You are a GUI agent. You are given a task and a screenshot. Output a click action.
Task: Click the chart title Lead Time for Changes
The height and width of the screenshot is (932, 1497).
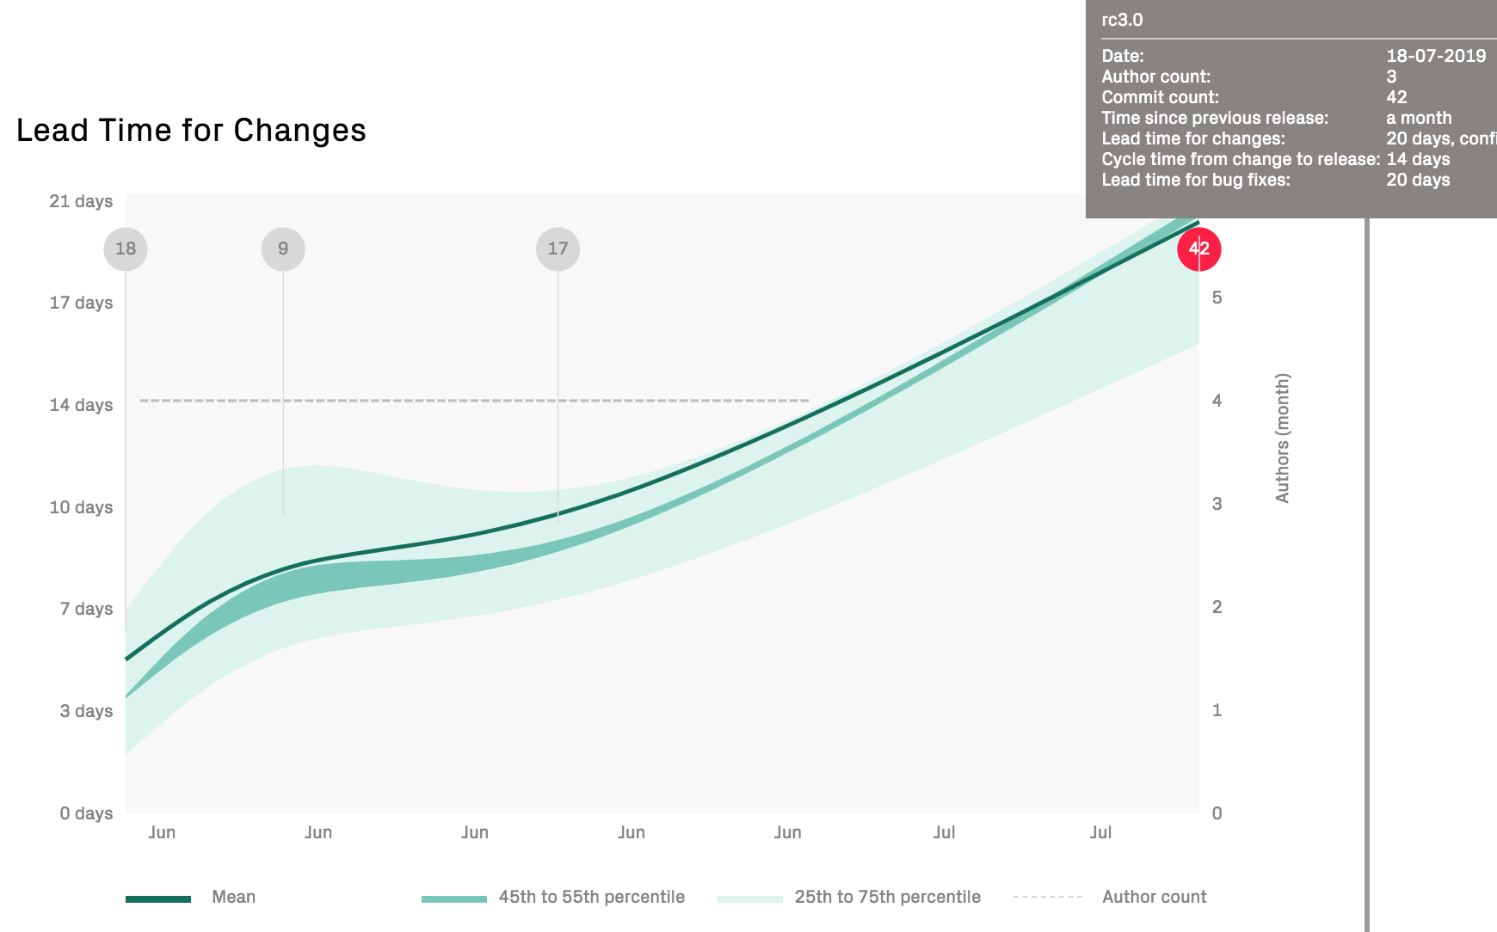tap(191, 131)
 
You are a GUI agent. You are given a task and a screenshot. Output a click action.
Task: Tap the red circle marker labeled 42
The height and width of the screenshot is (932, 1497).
tap(1198, 249)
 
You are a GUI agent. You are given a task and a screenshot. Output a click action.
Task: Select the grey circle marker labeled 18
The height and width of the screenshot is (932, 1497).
tap(126, 249)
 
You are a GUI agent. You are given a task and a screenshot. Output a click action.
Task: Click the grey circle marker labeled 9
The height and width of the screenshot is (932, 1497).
tap(283, 249)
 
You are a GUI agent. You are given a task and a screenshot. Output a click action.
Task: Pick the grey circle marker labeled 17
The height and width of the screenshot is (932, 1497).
tap(558, 249)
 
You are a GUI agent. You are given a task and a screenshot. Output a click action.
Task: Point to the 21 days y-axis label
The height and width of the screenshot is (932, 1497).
tap(81, 201)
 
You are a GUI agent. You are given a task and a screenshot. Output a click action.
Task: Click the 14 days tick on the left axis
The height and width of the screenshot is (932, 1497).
tap(81, 405)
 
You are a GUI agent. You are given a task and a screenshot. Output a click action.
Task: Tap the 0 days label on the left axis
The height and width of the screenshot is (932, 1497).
tap(86, 813)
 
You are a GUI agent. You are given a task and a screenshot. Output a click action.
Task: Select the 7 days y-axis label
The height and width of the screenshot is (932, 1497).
tap(86, 609)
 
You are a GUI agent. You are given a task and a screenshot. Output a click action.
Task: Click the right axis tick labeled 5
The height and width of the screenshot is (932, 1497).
tap(1217, 297)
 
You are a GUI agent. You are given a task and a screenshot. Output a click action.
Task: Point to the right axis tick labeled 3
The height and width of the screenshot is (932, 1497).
tap(1217, 504)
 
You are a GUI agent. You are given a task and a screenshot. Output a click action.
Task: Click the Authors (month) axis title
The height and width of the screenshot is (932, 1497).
tap(1282, 438)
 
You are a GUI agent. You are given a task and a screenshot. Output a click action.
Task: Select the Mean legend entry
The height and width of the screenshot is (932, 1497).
tap(233, 897)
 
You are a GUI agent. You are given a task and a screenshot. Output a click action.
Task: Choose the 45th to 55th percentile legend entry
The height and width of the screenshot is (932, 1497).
tap(591, 897)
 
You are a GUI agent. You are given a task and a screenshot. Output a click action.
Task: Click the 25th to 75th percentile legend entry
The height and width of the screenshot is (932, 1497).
tap(887, 897)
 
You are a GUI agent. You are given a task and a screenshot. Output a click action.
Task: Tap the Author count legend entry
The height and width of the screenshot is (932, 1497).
tap(1154, 897)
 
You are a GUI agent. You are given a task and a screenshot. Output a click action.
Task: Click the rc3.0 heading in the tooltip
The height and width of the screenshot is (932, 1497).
tap(1122, 20)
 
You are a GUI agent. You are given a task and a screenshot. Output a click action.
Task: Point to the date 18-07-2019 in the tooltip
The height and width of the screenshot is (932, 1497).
tap(1436, 56)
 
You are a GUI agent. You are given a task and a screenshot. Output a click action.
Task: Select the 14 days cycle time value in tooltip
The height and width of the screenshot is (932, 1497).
tap(1418, 159)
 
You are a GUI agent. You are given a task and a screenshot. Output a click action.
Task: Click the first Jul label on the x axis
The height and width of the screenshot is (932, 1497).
tap(944, 832)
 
